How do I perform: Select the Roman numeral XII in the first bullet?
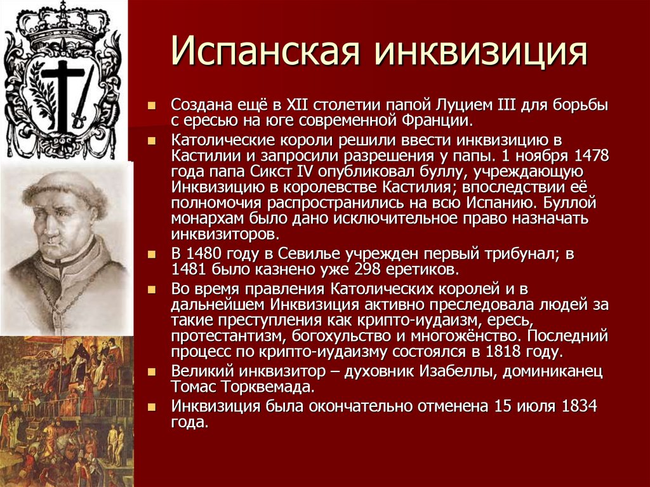coord(298,105)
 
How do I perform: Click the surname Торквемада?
coord(266,387)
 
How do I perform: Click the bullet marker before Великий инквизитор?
coord(152,371)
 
